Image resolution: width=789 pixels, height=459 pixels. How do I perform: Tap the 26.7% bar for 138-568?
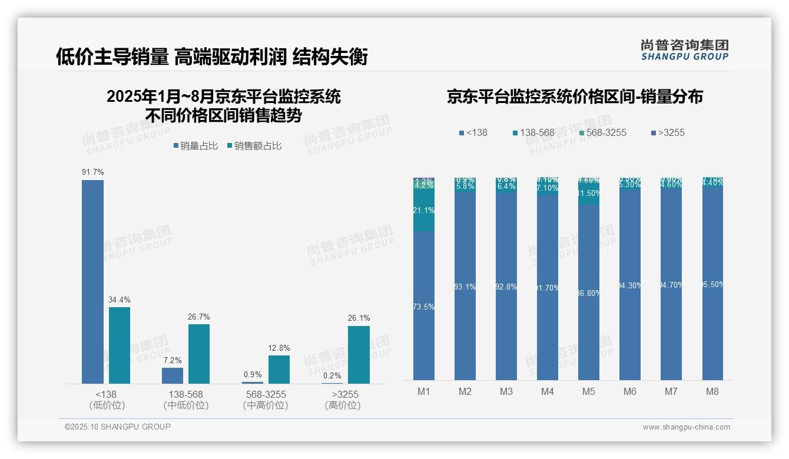[199, 354]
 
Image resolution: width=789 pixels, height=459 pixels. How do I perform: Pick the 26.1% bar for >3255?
[359, 355]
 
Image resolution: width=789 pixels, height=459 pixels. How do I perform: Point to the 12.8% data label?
[279, 348]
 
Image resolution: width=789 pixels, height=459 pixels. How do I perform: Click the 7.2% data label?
[173, 360]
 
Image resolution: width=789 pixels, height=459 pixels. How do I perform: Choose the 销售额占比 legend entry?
[254, 146]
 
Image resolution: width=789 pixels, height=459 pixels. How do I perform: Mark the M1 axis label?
[424, 391]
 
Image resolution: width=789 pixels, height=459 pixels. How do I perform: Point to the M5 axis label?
[589, 391]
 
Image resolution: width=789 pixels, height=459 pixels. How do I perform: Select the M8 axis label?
[712, 391]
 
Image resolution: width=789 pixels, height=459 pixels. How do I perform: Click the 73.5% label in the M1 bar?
[424, 307]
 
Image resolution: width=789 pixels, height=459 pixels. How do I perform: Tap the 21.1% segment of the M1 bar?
[424, 211]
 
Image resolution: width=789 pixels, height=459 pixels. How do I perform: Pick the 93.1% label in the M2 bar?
[465, 287]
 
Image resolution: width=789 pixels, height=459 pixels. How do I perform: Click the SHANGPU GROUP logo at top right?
[685, 50]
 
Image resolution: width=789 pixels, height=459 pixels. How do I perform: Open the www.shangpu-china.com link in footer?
[686, 427]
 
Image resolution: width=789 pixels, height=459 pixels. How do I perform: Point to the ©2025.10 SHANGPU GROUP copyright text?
[118, 427]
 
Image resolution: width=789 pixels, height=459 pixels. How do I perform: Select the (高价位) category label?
[343, 405]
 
